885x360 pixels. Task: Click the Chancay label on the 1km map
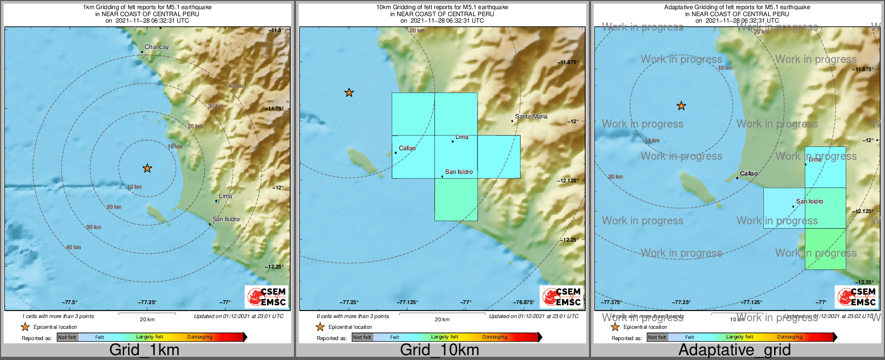pyautogui.click(x=157, y=47)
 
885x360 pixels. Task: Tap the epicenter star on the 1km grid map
pyautogui.click(x=147, y=168)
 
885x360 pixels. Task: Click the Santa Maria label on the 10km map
pyautogui.click(x=531, y=116)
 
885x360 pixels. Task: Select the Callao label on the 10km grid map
pyautogui.click(x=407, y=148)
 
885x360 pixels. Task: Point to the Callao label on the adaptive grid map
pyautogui.click(x=748, y=173)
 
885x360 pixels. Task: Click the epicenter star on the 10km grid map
pyautogui.click(x=349, y=93)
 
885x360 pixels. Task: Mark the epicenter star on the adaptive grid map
pyautogui.click(x=681, y=106)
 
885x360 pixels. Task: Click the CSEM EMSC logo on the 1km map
pyautogui.click(x=266, y=297)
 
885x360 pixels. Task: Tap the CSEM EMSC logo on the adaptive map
pyautogui.click(x=856, y=297)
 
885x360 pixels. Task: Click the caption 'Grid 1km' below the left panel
pyautogui.click(x=144, y=350)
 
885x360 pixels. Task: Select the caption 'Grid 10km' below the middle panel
pyautogui.click(x=439, y=350)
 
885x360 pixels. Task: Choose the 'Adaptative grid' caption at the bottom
pyautogui.click(x=734, y=350)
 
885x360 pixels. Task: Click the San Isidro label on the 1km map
pyautogui.click(x=226, y=219)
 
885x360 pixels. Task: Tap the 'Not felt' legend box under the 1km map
pyautogui.click(x=67, y=337)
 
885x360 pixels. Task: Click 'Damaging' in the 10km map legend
pyautogui.click(x=494, y=337)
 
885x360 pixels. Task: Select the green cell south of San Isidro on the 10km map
pyautogui.click(x=456, y=200)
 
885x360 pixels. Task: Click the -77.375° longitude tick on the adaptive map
pyautogui.click(x=612, y=302)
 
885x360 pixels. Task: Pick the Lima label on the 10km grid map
pyautogui.click(x=462, y=137)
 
